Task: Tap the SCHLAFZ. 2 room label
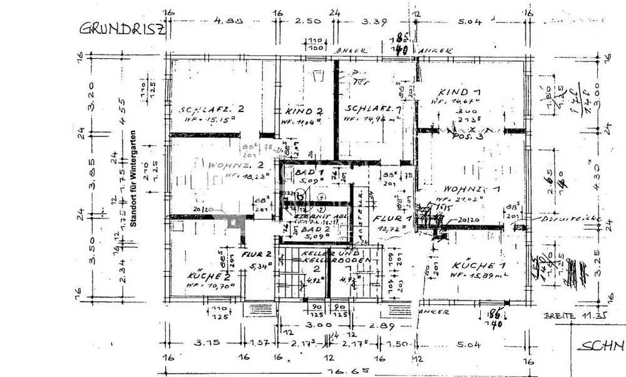click(x=212, y=108)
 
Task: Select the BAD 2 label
click(x=311, y=230)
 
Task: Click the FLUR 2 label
click(x=257, y=254)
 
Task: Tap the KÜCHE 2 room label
click(x=205, y=276)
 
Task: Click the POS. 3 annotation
click(x=469, y=137)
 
